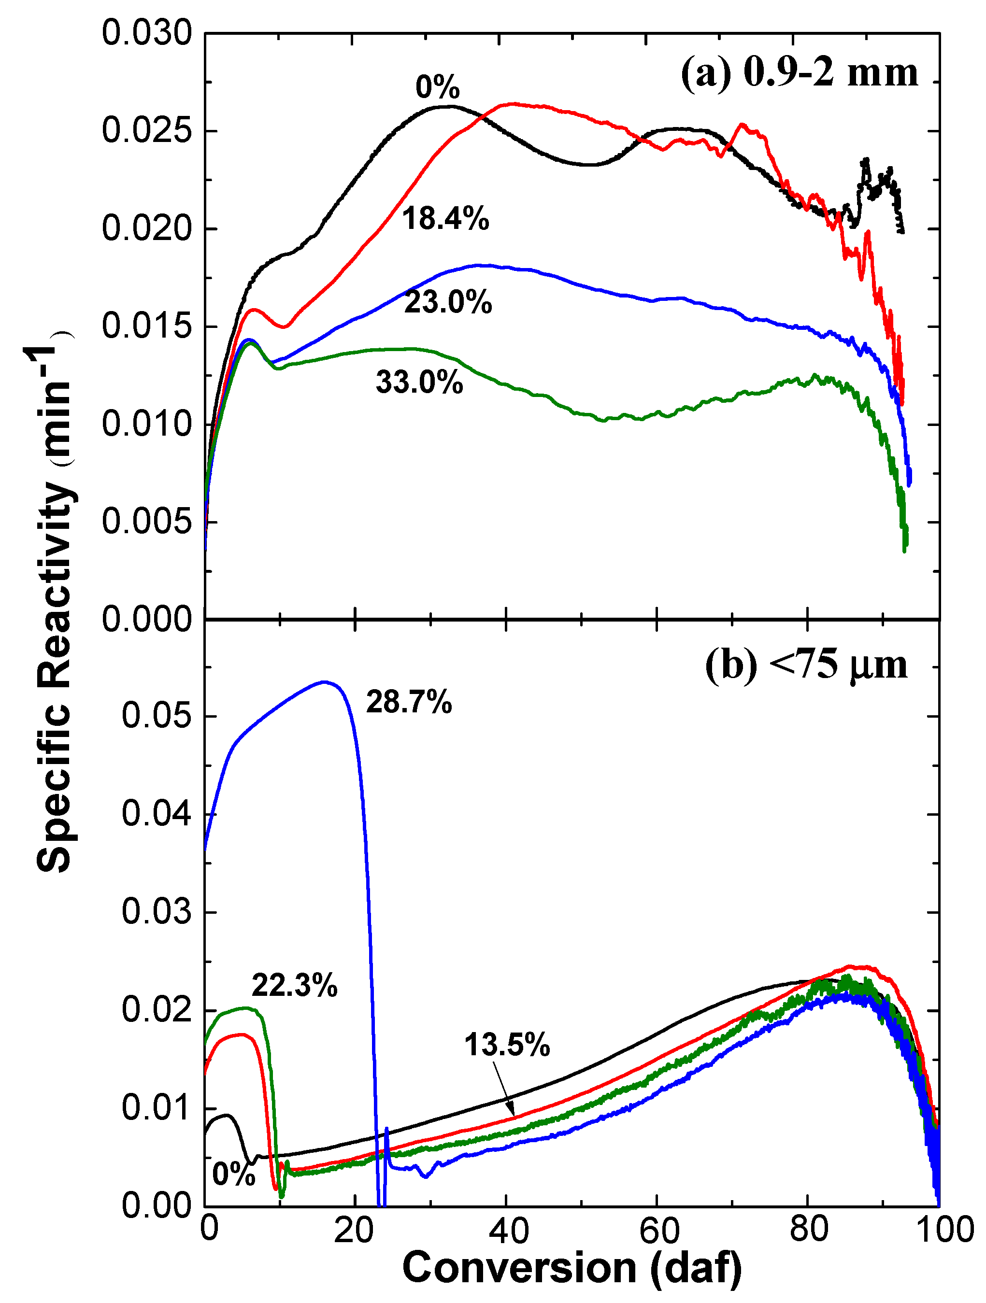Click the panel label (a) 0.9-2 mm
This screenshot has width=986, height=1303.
[799, 73]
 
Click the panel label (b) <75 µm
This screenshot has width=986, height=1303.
[806, 666]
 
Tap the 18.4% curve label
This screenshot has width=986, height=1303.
[445, 219]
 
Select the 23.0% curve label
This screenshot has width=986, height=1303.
[448, 303]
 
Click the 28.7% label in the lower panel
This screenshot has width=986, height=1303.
[409, 702]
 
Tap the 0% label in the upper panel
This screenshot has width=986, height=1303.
[437, 87]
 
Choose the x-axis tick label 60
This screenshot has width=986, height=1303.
[659, 1230]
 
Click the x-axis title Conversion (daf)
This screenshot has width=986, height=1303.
[572, 1268]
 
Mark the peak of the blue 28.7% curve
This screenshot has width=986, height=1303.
[324, 682]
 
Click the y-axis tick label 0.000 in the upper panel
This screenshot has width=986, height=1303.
[147, 619]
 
